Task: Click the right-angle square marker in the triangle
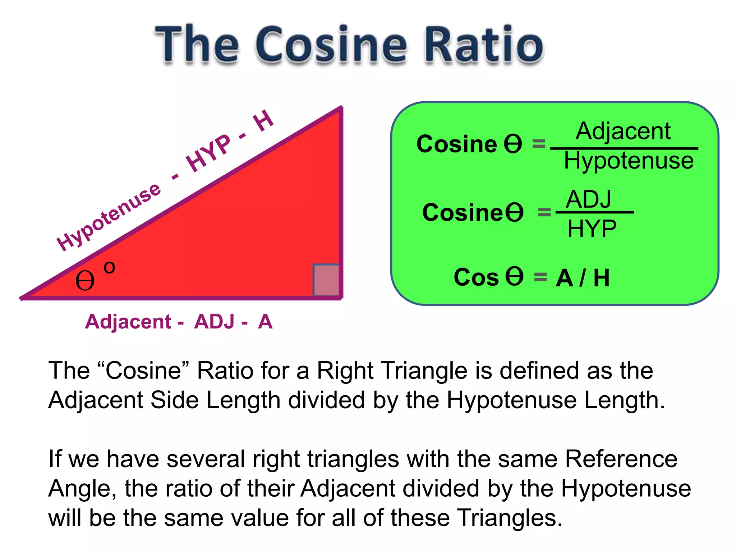326,280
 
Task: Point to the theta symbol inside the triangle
85,281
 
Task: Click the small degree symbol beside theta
109,267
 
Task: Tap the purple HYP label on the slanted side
208,153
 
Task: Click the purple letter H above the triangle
263,121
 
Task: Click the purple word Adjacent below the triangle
128,321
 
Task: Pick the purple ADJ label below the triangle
214,321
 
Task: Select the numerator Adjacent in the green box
623,131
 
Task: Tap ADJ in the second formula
589,199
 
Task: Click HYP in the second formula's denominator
592,229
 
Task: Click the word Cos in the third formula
476,277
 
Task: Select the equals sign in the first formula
538,144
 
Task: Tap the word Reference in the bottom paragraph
621,459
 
